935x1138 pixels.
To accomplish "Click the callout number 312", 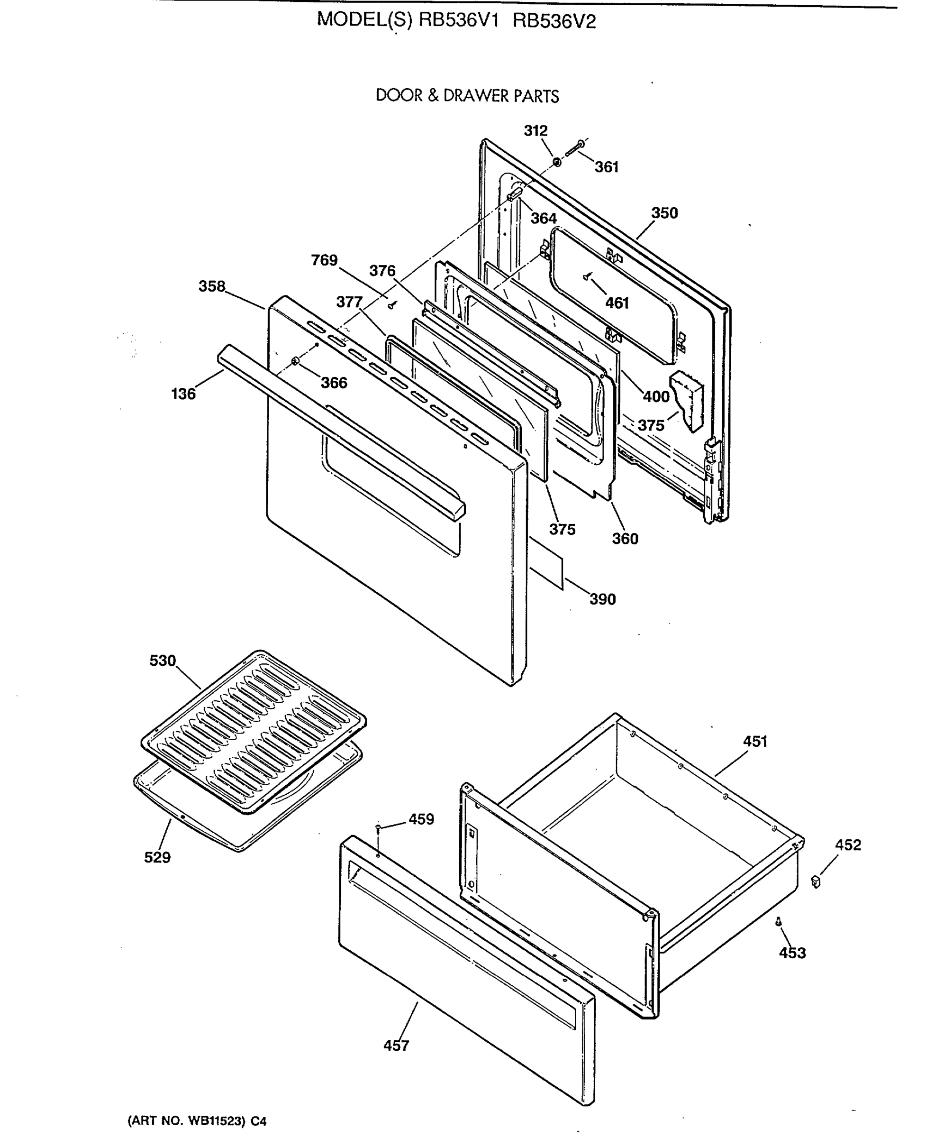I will [x=536, y=131].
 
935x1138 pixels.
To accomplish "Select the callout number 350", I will [x=664, y=213].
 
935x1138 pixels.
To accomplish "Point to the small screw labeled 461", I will [x=587, y=276].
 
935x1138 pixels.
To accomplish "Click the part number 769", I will [x=324, y=260].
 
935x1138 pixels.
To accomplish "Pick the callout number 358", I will [x=212, y=286].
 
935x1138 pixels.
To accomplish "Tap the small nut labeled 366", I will [x=295, y=360].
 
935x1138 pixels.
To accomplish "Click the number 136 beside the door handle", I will [x=183, y=394].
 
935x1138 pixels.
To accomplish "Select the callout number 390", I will [x=602, y=599].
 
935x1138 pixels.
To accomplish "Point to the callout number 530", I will [x=163, y=661].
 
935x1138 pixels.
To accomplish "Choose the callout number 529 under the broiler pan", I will [x=157, y=857].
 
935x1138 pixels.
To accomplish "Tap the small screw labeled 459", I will [x=379, y=827].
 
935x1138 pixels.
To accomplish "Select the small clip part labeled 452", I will [x=816, y=882].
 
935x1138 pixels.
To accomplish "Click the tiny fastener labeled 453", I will [x=778, y=922].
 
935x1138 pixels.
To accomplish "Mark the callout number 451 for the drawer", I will [x=754, y=742].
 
